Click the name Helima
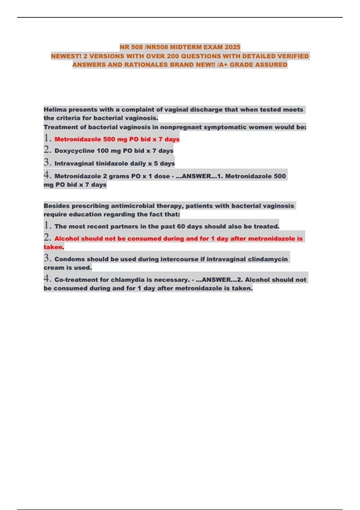pos(55,109)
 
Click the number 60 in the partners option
pos(181,226)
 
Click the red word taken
pos(53,247)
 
